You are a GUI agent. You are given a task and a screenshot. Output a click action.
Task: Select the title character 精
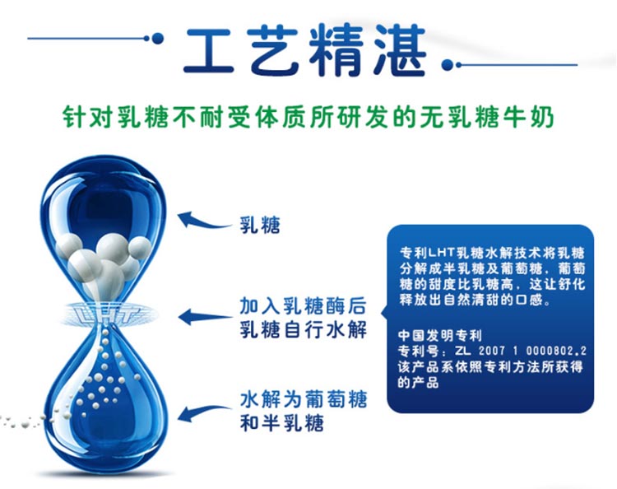click(336, 49)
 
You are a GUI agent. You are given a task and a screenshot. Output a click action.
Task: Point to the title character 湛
click(399, 49)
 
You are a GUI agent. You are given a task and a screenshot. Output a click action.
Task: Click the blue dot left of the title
click(157, 38)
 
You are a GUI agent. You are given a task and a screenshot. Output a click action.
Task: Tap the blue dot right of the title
click(447, 64)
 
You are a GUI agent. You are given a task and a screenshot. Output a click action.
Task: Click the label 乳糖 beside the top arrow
click(260, 226)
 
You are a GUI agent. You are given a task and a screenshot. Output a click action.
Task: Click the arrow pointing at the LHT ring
click(205, 317)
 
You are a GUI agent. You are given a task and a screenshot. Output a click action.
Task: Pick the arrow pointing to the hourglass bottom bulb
click(204, 413)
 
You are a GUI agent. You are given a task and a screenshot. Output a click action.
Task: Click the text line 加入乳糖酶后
click(303, 306)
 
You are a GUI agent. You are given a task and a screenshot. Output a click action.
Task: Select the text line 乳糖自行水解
click(303, 329)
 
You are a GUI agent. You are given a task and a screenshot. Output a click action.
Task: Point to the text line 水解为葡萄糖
click(303, 399)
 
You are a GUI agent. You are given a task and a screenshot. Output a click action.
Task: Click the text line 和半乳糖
click(281, 422)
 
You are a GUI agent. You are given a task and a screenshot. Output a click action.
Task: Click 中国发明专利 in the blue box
click(439, 335)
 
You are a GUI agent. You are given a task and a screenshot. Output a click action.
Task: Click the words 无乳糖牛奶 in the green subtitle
click(486, 117)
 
